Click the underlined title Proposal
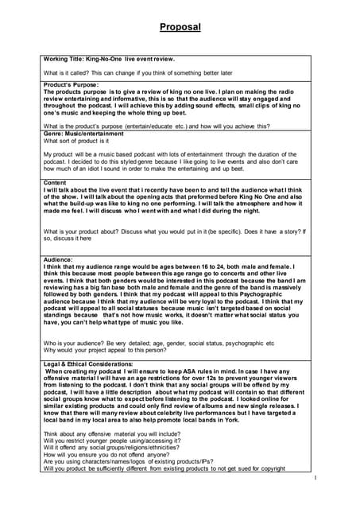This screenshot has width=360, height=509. tap(180, 27)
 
